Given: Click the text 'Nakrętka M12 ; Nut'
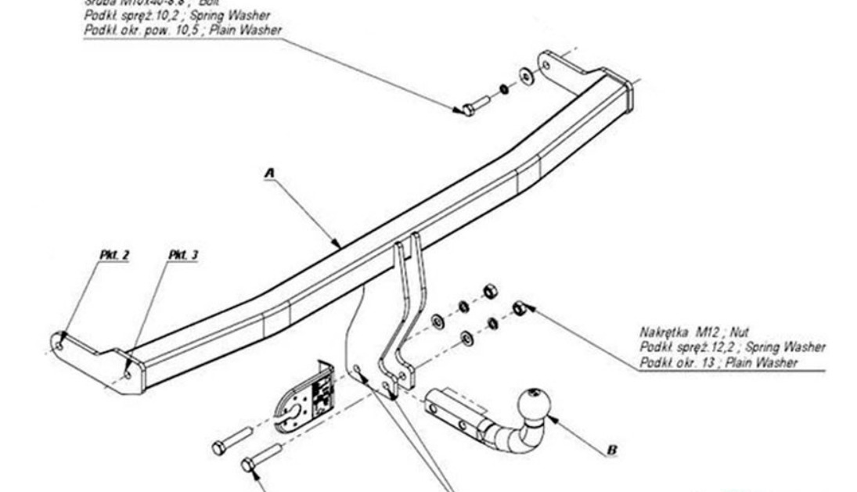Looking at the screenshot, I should click(x=695, y=332).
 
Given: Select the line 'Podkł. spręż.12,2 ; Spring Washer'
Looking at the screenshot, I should click(x=732, y=347).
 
